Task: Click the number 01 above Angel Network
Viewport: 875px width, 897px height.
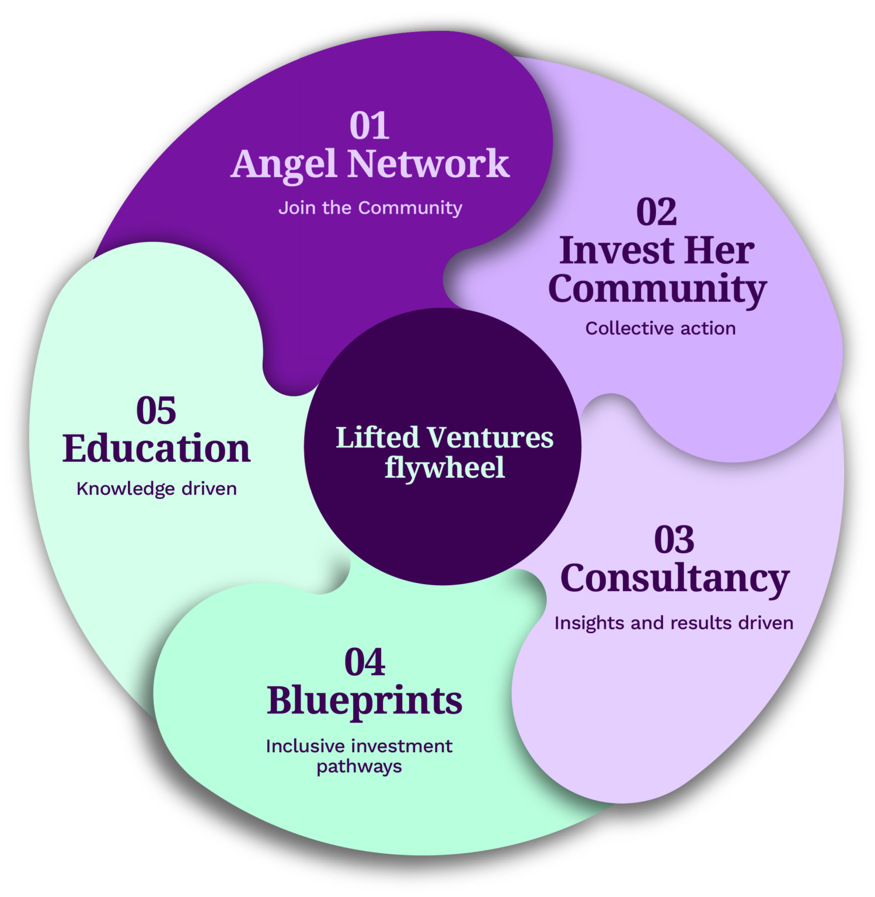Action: coord(369,126)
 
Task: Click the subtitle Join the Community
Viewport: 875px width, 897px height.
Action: coord(370,208)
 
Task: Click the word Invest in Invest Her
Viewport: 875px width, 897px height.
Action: coord(616,251)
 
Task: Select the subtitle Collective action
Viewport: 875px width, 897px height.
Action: coord(660,329)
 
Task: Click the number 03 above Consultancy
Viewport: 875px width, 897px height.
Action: coord(674,540)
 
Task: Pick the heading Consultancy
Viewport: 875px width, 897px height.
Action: coord(674,579)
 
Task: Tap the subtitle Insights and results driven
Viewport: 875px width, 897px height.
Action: coord(674,623)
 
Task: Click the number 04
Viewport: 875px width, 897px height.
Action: coord(365,662)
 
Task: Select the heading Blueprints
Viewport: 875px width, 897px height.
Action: coord(364,701)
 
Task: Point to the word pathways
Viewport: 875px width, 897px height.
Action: coord(359,766)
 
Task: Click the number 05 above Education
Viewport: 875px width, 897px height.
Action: coord(156,411)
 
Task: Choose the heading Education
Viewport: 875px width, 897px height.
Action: coord(156,448)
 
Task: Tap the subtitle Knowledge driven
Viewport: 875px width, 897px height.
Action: coord(156,489)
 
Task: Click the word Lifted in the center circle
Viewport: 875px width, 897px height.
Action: coord(378,437)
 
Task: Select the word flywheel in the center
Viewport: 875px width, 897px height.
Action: coord(444,468)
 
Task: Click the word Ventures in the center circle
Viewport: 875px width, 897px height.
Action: coord(490,437)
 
